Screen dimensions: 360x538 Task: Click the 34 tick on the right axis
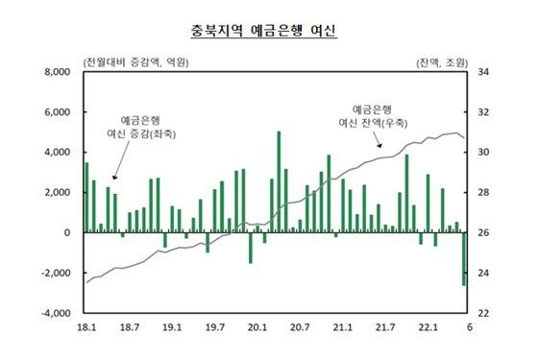click(x=484, y=72)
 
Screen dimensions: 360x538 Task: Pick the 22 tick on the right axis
click(x=484, y=313)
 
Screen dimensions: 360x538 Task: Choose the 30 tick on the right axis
click(x=484, y=153)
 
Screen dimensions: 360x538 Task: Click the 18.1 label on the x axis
click(x=86, y=327)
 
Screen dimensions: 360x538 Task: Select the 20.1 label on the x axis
click(x=257, y=327)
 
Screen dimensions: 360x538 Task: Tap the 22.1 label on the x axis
click(x=427, y=327)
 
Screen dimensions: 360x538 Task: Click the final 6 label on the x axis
click(x=468, y=327)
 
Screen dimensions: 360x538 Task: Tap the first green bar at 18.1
click(x=86, y=198)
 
